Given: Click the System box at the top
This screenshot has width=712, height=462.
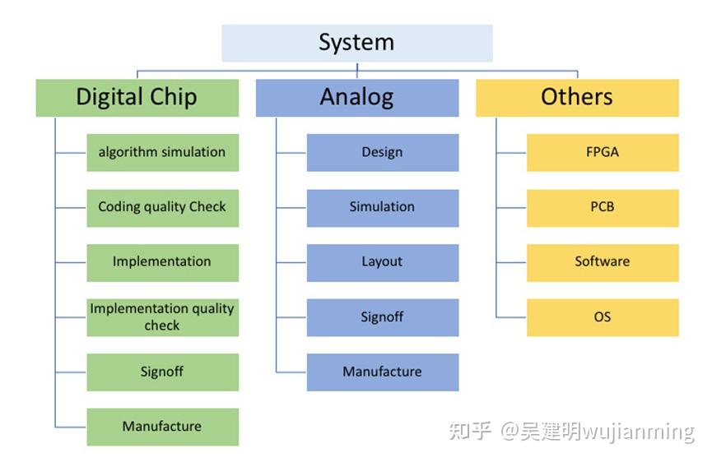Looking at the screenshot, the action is click(x=357, y=43).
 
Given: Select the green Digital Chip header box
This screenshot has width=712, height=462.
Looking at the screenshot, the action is click(x=137, y=98).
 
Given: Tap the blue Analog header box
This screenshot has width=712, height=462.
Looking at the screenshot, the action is click(x=357, y=98).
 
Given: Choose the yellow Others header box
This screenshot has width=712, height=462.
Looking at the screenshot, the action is click(x=577, y=98).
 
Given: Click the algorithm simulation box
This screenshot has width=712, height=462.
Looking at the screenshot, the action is click(x=162, y=153).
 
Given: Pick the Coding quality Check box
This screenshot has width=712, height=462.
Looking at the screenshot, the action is click(x=162, y=208).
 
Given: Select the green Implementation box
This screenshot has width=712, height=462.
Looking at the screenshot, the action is click(x=162, y=263).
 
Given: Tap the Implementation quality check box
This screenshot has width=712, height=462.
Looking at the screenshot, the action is click(x=162, y=317).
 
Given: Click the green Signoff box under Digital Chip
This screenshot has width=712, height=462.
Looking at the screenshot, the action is click(x=162, y=372).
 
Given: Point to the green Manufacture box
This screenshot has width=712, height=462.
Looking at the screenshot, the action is click(x=162, y=427).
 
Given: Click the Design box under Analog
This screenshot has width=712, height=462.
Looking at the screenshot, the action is click(x=383, y=153).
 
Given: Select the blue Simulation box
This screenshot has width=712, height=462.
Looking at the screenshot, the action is click(x=383, y=208).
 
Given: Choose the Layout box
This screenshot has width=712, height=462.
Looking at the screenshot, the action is click(x=383, y=263).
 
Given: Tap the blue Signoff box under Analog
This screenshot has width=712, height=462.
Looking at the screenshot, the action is click(x=383, y=317).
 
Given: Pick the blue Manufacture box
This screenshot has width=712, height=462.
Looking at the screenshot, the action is click(x=383, y=372).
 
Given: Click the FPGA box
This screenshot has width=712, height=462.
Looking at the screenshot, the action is click(x=603, y=153).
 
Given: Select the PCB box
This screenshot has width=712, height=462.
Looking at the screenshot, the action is click(x=603, y=208).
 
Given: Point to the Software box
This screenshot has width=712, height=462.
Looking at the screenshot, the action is click(x=603, y=263).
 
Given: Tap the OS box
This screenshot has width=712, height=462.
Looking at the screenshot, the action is click(x=603, y=317).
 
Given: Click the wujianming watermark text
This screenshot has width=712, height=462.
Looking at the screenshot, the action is click(x=639, y=432).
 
